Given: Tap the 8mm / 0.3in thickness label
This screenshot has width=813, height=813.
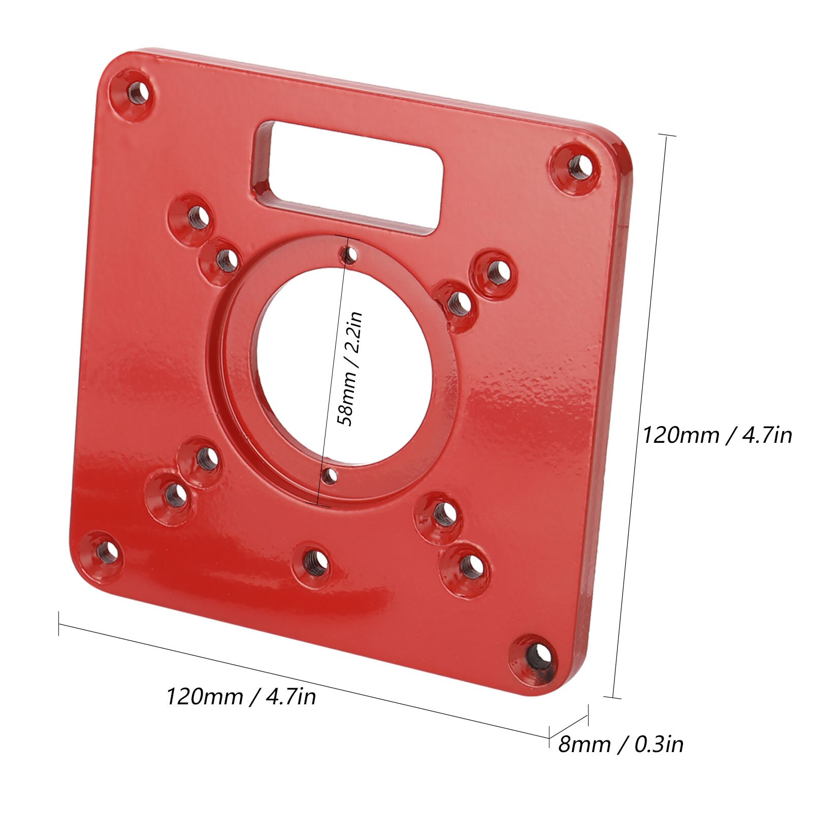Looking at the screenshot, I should click(x=621, y=744).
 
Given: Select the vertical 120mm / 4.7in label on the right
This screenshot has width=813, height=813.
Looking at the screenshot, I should click(x=717, y=435).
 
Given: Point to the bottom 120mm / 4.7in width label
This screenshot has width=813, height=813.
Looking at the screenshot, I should click(x=241, y=696).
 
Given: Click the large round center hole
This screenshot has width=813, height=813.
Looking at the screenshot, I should click(x=345, y=366).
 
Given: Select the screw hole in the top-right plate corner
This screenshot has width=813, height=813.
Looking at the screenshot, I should click(x=578, y=167).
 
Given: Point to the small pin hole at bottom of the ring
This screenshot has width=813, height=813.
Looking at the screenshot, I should click(x=331, y=475).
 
